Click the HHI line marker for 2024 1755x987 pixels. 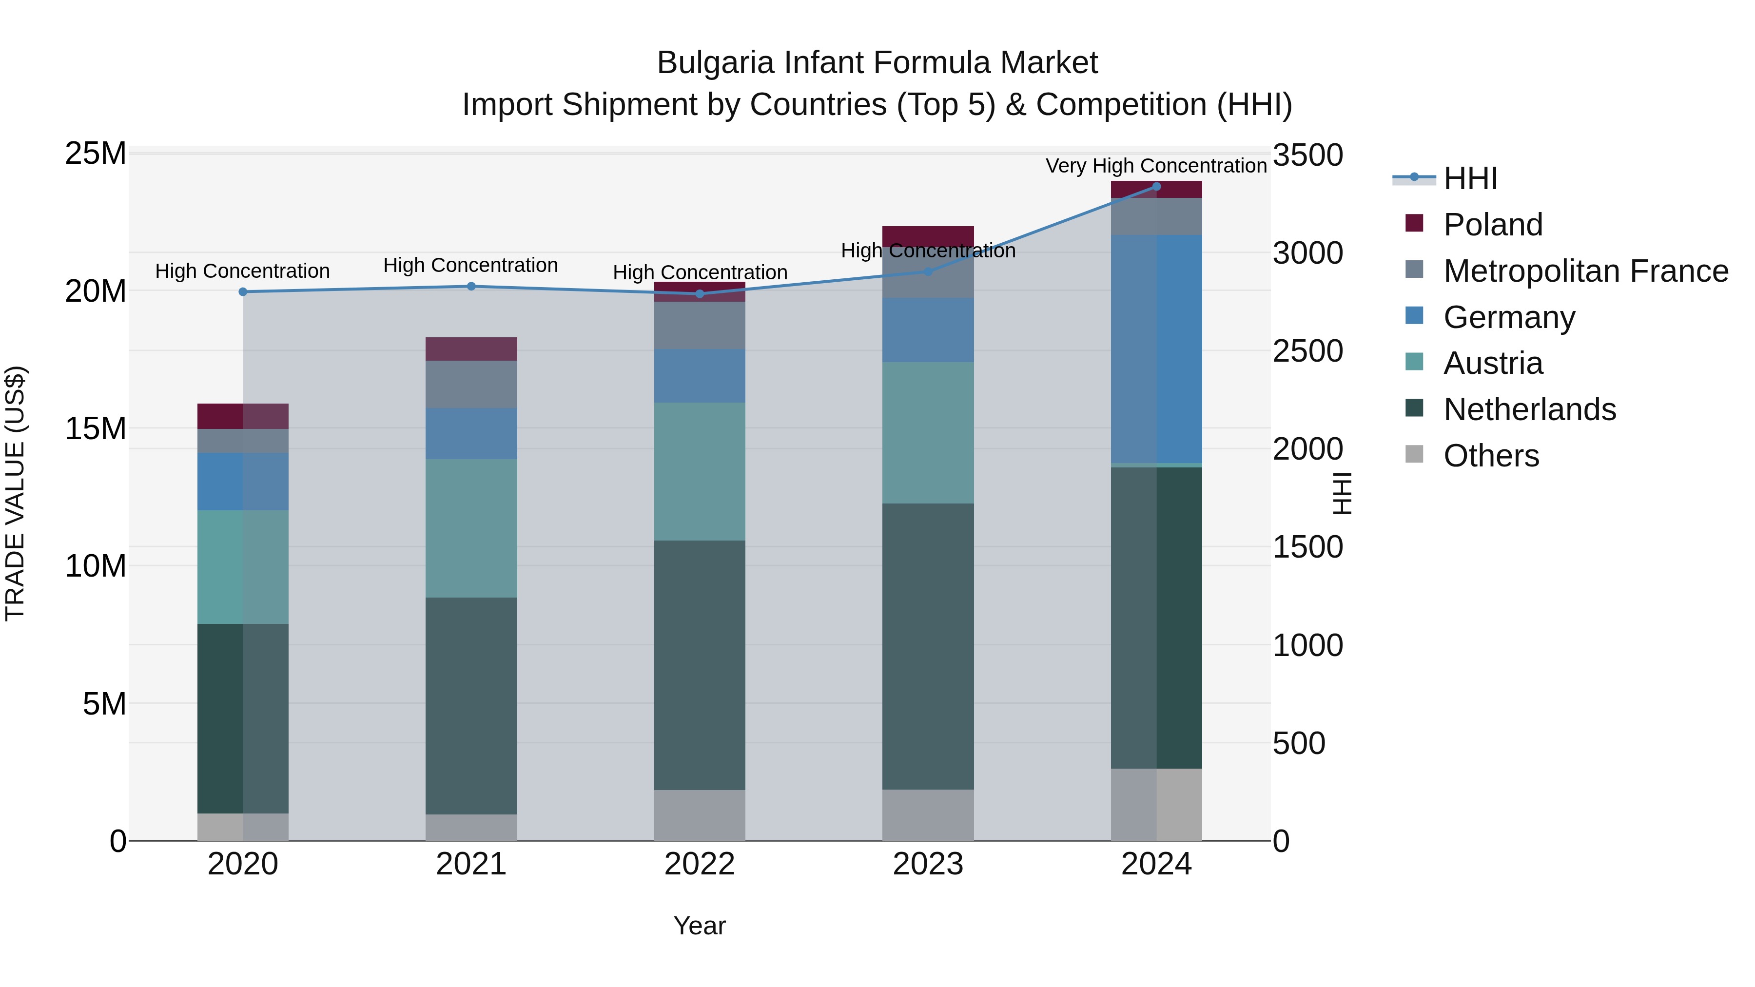tap(1156, 187)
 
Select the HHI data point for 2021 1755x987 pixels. tap(471, 286)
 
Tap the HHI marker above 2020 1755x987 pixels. tap(243, 291)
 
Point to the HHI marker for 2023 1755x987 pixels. tap(928, 271)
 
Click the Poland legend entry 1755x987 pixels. tap(1492, 225)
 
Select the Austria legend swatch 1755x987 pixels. tap(1414, 362)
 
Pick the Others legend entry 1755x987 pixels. tap(1491, 456)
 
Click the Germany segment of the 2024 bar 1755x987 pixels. tap(1156, 349)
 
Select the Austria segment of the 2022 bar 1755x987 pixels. tap(700, 471)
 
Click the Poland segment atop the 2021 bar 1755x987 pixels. tap(471, 349)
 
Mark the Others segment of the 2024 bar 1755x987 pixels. tap(1156, 804)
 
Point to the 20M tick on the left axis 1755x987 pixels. tap(96, 291)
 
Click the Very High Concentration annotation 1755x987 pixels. tap(1156, 166)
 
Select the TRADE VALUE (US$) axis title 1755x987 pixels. tap(16, 493)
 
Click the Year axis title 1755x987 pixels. tap(700, 926)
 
